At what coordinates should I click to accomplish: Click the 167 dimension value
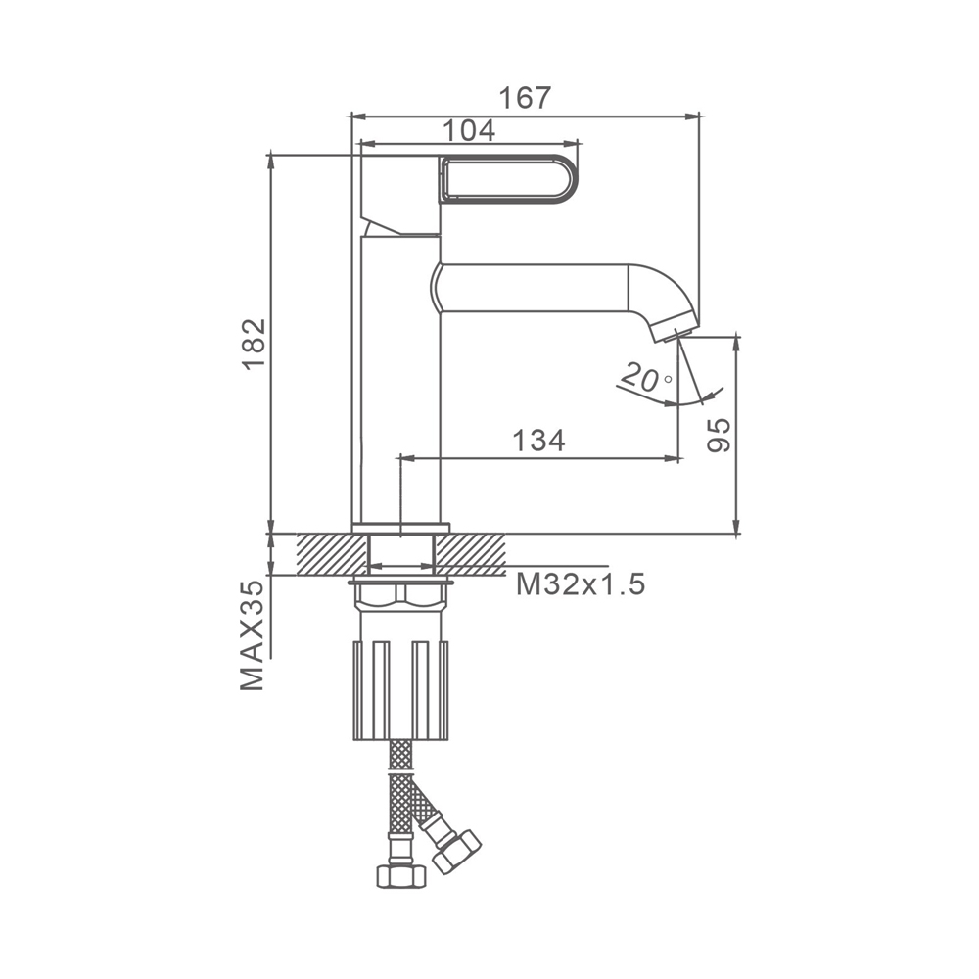click(526, 97)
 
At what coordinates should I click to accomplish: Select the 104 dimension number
click(468, 130)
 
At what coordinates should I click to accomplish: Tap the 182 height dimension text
click(255, 345)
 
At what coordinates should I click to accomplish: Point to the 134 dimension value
click(538, 441)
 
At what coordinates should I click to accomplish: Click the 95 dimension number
click(719, 435)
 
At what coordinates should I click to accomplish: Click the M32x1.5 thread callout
click(580, 585)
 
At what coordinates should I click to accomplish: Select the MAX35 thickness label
click(253, 635)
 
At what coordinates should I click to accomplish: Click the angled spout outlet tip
click(675, 334)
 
